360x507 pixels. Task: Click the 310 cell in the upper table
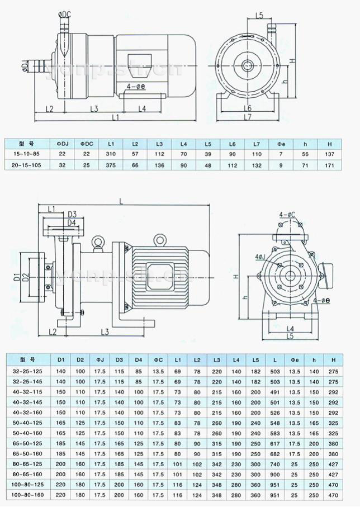(x=111, y=154)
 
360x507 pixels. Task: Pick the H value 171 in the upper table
(x=329, y=165)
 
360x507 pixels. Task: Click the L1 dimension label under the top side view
(x=115, y=118)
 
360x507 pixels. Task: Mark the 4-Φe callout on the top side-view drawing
(x=137, y=87)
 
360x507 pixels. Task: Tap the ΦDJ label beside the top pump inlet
(x=26, y=67)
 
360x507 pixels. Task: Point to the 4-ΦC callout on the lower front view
(x=287, y=215)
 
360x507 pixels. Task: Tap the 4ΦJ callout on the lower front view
(x=260, y=257)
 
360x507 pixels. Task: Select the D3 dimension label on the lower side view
(x=72, y=214)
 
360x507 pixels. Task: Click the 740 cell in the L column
(x=273, y=464)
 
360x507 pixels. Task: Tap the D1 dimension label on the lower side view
(x=17, y=277)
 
